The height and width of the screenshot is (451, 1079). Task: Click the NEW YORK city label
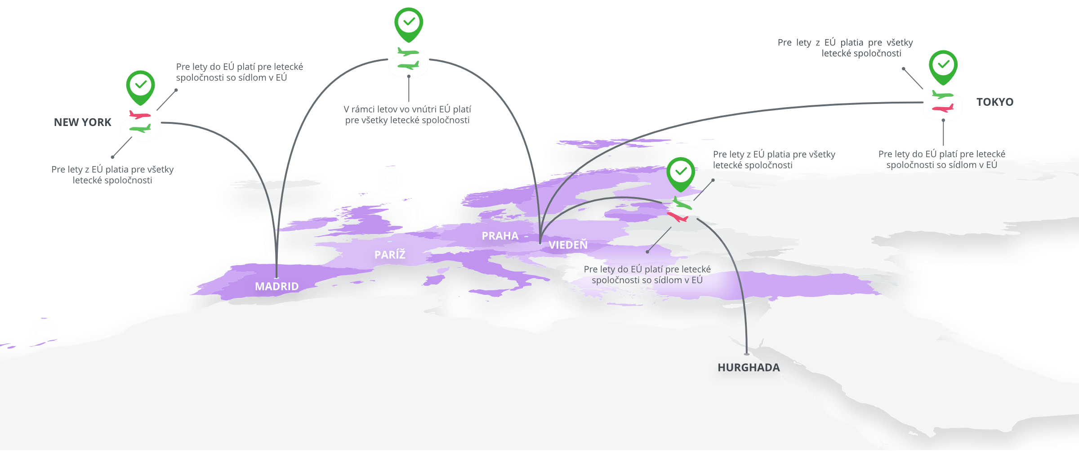coord(82,122)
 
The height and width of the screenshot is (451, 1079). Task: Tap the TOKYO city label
coord(994,102)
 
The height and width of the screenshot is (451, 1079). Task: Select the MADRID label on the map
coord(276,286)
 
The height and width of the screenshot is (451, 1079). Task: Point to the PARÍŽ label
coord(390,255)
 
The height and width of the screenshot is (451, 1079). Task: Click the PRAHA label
coord(500,236)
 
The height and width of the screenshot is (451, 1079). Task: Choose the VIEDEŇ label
coord(568,245)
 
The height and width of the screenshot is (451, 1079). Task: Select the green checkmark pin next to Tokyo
coord(943,66)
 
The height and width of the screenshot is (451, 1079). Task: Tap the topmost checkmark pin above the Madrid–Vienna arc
coord(409,23)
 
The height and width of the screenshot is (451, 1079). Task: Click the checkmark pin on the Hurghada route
coord(681,172)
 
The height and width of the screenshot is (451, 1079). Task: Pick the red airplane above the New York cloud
coord(139,115)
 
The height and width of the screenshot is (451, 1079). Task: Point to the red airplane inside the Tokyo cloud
coord(942,108)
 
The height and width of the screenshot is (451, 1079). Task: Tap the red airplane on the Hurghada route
coord(678,217)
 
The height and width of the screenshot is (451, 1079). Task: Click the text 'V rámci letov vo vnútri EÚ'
coord(407,109)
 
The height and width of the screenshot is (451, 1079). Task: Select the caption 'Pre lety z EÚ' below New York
coord(112,175)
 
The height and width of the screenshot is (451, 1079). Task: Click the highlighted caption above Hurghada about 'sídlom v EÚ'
coord(647,275)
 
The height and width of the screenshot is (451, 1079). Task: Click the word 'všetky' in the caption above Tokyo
coord(900,43)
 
